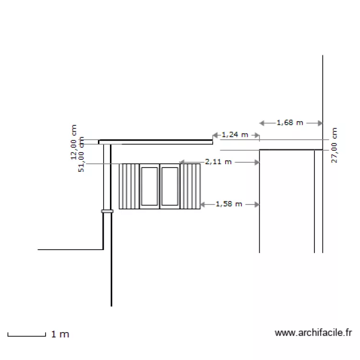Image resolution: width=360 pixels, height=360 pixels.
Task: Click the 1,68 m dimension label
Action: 290,123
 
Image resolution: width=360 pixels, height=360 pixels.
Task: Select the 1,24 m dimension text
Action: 235,135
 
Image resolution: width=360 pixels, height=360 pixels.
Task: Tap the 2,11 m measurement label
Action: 218,162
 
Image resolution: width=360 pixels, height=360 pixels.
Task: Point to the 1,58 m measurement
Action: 229,204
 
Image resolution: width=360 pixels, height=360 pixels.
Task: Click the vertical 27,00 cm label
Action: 335,145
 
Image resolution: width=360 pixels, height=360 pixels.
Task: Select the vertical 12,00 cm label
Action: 74,142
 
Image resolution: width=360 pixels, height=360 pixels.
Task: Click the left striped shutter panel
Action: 129,186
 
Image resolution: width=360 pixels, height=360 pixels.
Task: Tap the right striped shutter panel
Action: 190,186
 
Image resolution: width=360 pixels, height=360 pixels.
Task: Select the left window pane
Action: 149,186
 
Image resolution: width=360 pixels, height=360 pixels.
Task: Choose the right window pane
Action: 169,186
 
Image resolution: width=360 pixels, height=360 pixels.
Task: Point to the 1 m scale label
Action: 60,334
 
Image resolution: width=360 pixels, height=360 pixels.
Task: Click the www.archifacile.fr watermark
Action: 314,332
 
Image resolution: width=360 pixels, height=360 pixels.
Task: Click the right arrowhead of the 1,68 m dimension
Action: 320,123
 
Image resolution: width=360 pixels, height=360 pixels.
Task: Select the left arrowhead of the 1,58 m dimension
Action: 202,204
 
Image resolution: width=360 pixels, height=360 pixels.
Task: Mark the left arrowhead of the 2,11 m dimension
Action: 181,163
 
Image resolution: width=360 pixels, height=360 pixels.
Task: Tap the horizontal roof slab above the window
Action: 156,142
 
